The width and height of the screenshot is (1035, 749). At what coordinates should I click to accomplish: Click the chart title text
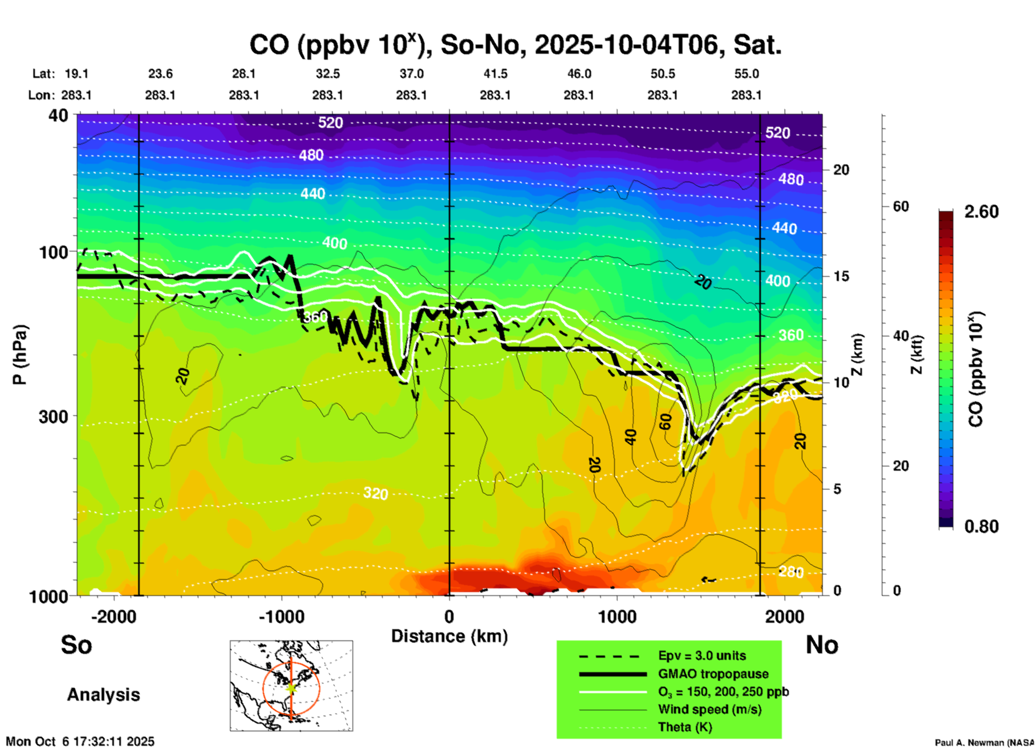(x=515, y=45)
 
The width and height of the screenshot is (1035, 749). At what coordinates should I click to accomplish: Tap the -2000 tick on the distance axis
(x=113, y=617)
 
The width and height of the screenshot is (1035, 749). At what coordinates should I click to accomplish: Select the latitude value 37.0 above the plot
(x=411, y=74)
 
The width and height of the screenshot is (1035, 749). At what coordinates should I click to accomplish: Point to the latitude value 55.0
(x=746, y=74)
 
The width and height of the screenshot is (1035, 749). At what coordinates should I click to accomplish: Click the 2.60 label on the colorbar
(x=981, y=212)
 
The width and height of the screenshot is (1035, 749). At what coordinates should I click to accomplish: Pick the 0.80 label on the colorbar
(x=981, y=527)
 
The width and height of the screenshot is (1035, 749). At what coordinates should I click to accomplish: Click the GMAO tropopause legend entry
(x=713, y=674)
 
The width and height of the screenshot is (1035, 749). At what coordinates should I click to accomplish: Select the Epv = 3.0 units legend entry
(x=702, y=656)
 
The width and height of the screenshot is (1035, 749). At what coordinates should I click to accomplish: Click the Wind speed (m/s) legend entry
(x=709, y=709)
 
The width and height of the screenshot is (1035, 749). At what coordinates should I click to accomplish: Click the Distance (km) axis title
(x=449, y=636)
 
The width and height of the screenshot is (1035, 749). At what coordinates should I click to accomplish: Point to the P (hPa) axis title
(x=20, y=355)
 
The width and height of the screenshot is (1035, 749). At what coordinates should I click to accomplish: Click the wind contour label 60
(x=665, y=422)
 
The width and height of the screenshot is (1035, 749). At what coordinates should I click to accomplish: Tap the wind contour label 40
(x=630, y=437)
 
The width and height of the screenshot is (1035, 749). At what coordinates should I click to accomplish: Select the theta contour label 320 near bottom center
(x=375, y=493)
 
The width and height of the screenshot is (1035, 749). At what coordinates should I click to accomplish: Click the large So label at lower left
(x=76, y=645)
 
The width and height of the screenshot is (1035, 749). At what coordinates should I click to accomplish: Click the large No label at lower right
(x=822, y=645)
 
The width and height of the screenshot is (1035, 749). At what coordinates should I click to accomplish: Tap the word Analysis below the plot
(x=103, y=695)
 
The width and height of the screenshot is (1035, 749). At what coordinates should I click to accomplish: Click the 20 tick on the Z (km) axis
(x=841, y=170)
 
